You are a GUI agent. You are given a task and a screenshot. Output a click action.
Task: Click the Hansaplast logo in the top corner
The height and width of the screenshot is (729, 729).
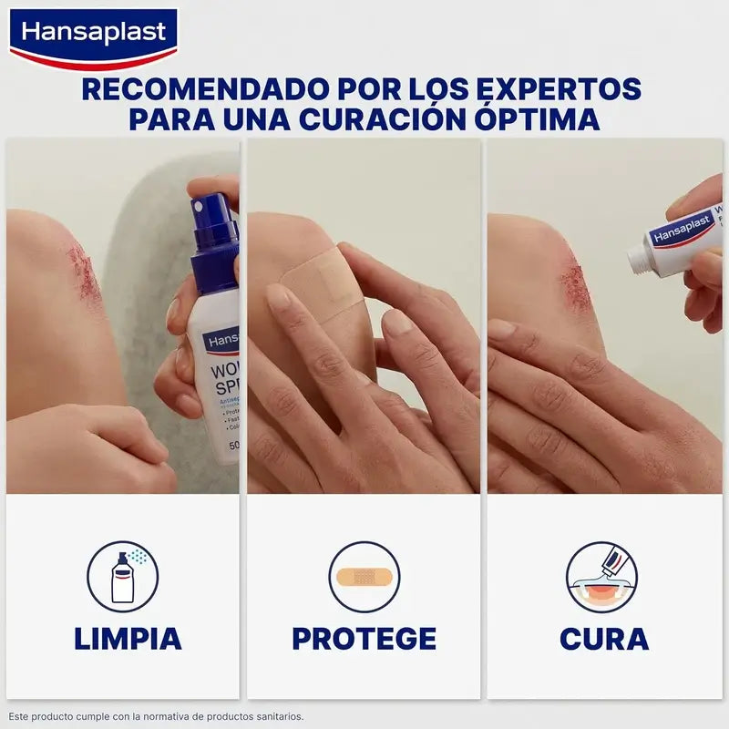(93, 35)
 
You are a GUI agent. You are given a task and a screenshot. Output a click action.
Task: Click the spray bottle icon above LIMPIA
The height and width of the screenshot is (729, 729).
(122, 576)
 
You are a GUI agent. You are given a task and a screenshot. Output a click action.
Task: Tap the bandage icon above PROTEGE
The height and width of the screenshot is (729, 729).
(364, 576)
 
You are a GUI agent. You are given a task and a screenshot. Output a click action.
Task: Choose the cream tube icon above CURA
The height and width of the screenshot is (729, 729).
(601, 576)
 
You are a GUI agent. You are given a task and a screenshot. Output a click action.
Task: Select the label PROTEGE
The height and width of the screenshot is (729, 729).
(364, 639)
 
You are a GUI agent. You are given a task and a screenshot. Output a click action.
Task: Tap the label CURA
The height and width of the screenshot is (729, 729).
(604, 639)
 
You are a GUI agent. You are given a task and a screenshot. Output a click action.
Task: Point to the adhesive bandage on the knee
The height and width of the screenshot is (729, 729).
(323, 282)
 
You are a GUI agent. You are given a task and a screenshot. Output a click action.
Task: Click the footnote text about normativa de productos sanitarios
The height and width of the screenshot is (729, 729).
(156, 716)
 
